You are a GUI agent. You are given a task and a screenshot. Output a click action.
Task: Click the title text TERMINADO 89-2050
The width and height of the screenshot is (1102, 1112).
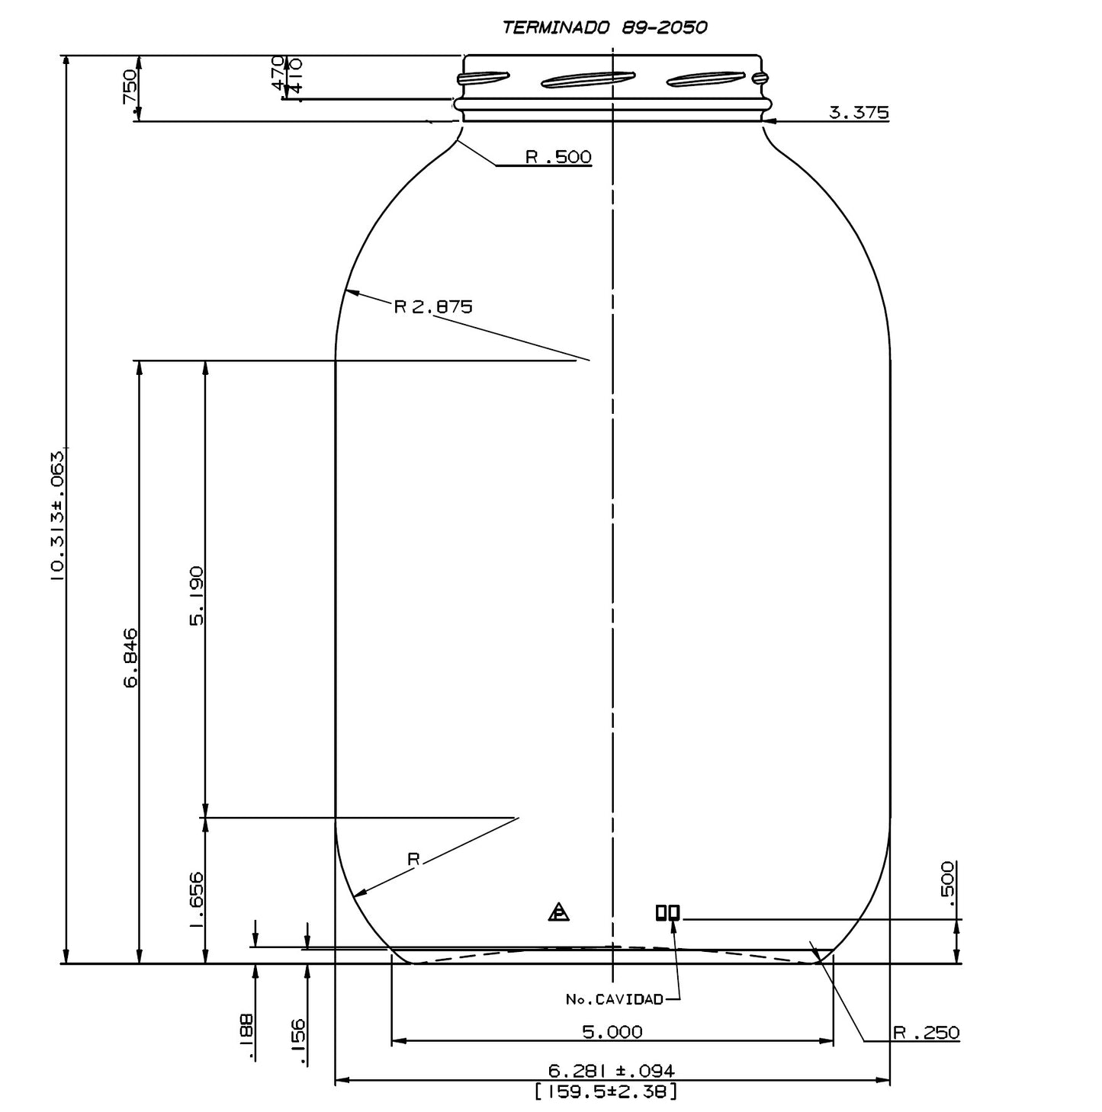tap(605, 28)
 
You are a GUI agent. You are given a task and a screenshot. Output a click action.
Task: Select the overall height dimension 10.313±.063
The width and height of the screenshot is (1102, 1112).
tap(58, 515)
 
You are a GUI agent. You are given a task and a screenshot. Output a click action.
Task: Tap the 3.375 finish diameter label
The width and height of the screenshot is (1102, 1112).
tap(859, 114)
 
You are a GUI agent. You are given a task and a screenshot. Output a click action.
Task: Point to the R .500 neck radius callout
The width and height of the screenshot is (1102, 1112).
tap(558, 157)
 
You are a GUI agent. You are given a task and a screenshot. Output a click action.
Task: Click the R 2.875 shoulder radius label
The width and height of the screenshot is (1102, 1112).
tap(433, 306)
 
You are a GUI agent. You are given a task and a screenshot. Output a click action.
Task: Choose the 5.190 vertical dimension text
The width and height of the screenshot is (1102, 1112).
tap(198, 595)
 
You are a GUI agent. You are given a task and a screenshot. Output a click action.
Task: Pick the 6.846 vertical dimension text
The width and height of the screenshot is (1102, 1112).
tap(131, 657)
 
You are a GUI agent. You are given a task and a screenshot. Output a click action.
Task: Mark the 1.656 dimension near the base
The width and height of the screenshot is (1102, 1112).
tap(198, 900)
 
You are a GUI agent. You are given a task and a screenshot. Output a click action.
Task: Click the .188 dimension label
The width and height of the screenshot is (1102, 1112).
tap(246, 1037)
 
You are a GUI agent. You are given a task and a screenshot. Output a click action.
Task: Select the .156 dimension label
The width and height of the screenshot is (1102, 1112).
tap(298, 1041)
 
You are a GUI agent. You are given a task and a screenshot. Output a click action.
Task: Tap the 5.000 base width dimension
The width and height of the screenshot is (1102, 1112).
tap(612, 1032)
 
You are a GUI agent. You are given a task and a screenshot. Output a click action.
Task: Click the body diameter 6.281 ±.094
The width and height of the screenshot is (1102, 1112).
tap(612, 1071)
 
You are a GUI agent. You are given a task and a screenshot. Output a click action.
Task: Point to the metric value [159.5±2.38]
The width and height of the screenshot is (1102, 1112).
tap(606, 1091)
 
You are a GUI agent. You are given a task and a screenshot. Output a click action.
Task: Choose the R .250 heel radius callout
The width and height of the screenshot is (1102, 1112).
tap(927, 1033)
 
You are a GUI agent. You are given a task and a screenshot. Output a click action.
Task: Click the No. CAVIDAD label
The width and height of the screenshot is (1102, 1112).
tap(615, 999)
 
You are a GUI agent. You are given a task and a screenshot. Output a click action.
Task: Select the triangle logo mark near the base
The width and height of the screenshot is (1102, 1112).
tap(558, 912)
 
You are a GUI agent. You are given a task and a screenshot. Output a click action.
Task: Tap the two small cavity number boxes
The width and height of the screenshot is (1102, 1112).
tap(667, 912)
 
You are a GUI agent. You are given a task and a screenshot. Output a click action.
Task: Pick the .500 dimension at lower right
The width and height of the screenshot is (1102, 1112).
tap(948, 883)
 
